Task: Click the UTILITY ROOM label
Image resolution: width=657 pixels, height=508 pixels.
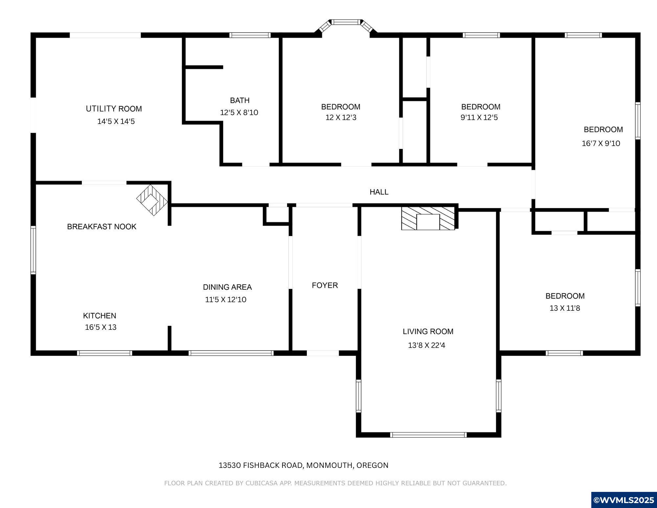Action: click(x=114, y=109)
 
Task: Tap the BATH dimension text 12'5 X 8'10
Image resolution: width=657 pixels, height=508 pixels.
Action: click(x=239, y=112)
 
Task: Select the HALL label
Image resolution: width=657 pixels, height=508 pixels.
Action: click(x=379, y=192)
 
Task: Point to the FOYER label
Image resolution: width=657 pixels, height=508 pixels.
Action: click(x=325, y=285)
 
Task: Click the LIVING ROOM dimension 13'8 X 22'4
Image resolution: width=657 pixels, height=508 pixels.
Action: click(x=427, y=345)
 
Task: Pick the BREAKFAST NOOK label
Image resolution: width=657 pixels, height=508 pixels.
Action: click(x=102, y=227)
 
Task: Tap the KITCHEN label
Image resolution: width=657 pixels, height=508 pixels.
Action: click(x=100, y=316)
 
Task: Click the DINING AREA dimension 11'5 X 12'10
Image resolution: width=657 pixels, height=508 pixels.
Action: click(x=226, y=300)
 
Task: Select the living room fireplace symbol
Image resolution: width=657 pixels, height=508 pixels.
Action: click(x=428, y=218)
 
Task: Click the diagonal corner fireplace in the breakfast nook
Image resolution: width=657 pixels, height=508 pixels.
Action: click(x=152, y=200)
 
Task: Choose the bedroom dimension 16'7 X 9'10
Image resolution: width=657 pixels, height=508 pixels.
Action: click(x=601, y=143)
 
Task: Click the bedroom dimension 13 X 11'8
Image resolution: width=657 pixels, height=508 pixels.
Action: click(x=565, y=308)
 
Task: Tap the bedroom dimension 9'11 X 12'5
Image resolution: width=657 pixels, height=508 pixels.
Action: click(x=479, y=117)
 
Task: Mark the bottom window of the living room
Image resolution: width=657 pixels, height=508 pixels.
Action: click(x=428, y=435)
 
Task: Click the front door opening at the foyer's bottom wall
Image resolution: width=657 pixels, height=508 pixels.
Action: click(x=323, y=353)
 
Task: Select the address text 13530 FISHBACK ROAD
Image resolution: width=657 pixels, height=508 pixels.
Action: click(x=261, y=465)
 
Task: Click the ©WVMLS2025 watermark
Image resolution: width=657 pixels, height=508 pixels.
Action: click(x=624, y=500)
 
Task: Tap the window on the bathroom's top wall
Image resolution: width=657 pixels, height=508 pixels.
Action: click(x=250, y=35)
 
